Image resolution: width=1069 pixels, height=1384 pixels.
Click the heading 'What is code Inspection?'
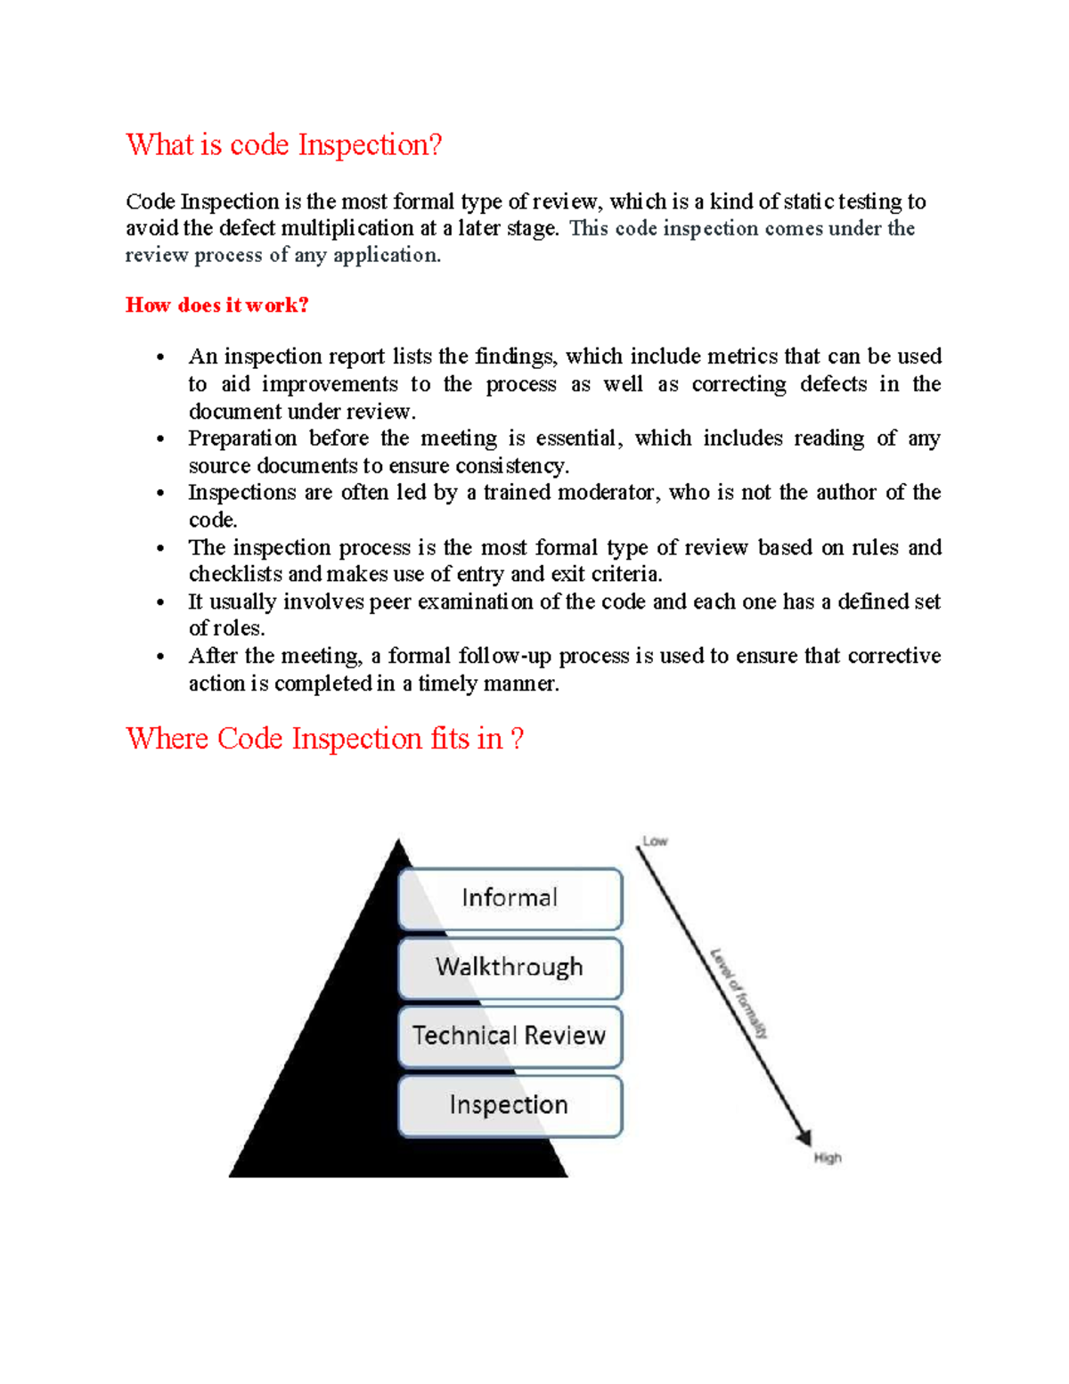pyautogui.click(x=283, y=144)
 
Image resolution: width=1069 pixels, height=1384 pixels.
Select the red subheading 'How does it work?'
pyautogui.click(x=216, y=305)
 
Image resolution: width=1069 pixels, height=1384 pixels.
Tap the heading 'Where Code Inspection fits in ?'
pyautogui.click(x=324, y=738)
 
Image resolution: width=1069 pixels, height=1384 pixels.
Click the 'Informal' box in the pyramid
pyautogui.click(x=510, y=898)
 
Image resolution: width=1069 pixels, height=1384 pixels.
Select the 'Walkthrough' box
pyautogui.click(x=510, y=967)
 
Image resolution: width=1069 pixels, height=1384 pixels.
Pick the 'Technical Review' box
pyautogui.click(x=510, y=1036)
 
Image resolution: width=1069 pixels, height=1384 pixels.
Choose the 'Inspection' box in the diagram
pyautogui.click(x=510, y=1105)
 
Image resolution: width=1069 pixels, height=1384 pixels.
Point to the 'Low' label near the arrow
pyautogui.click(x=655, y=841)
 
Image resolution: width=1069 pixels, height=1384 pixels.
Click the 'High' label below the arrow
pyautogui.click(x=827, y=1158)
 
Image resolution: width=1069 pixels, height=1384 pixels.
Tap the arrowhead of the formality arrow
pyautogui.click(x=804, y=1137)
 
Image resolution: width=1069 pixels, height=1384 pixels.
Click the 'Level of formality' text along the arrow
pyautogui.click(x=739, y=993)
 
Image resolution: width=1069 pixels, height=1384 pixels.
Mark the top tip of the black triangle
pyautogui.click(x=399, y=843)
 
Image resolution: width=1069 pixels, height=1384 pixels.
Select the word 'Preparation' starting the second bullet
pyautogui.click(x=242, y=438)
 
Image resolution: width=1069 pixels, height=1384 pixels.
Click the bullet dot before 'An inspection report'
pyautogui.click(x=160, y=358)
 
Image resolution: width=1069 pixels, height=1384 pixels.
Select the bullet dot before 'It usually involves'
pyautogui.click(x=160, y=603)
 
